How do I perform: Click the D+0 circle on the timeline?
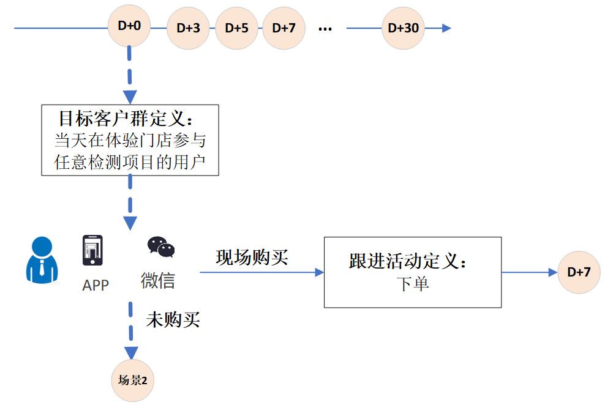(129, 27)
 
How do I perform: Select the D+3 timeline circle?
(188, 28)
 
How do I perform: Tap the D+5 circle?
(236, 28)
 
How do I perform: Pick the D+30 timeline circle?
(403, 28)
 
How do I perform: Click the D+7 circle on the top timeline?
(284, 28)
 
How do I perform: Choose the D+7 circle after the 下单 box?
(579, 272)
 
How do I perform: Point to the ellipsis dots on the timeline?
(325, 29)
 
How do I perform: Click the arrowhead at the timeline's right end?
(446, 28)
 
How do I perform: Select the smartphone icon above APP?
(92, 250)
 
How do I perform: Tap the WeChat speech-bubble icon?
(161, 247)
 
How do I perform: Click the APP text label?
(96, 285)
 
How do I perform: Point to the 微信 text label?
(158, 281)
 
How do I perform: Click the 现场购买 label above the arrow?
(252, 258)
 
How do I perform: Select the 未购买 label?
(173, 319)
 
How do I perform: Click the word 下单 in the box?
(412, 284)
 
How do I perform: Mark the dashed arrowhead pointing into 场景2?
(130, 352)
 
